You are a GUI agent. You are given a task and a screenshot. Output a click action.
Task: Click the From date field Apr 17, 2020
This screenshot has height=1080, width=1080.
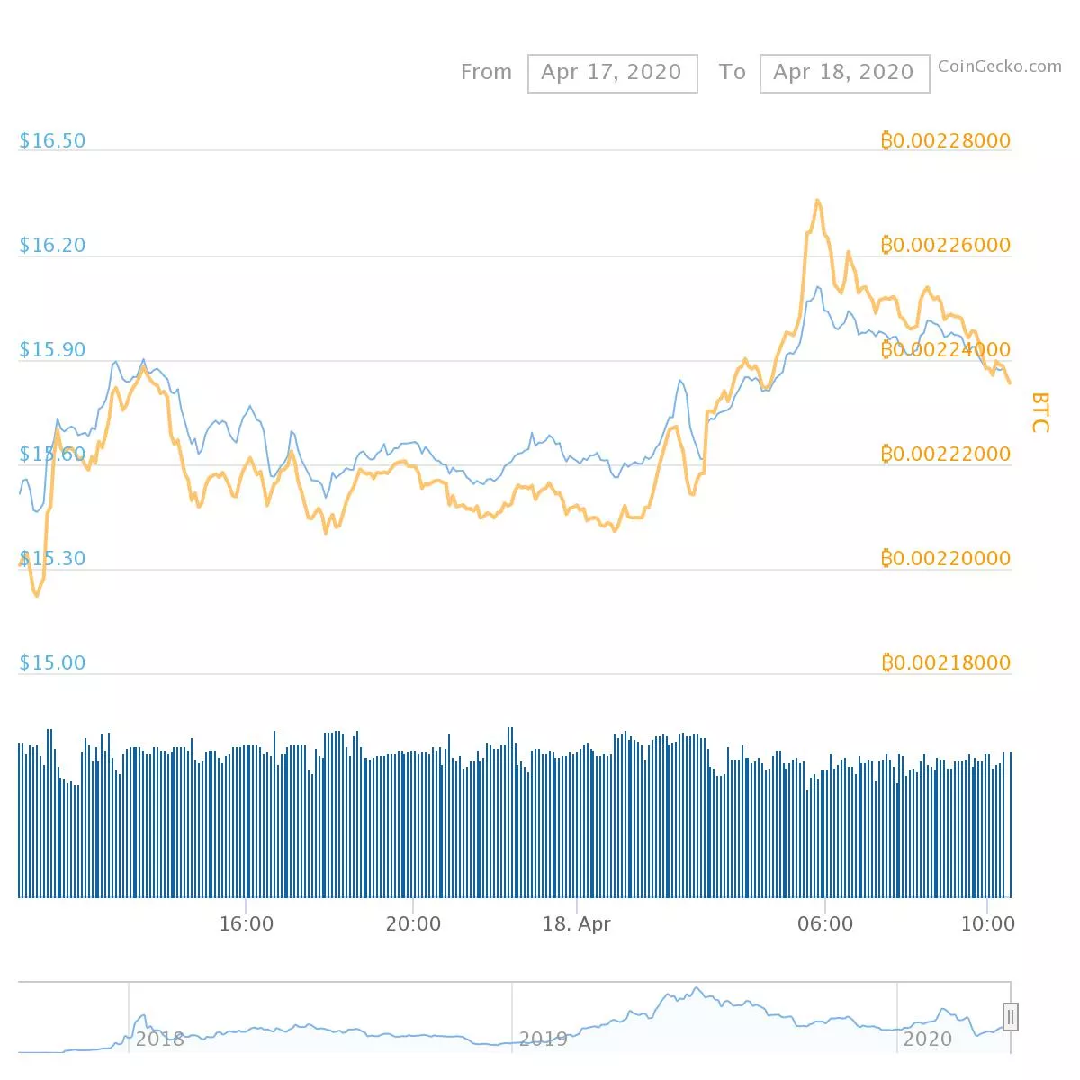612,73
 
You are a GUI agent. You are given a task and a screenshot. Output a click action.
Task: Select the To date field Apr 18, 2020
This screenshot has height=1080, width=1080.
843,73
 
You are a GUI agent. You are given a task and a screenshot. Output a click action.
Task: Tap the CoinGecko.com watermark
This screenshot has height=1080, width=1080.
999,66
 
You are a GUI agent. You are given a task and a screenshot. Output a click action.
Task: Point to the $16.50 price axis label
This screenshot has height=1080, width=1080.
52,140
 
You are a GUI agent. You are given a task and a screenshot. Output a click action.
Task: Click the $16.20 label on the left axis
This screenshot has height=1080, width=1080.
52,245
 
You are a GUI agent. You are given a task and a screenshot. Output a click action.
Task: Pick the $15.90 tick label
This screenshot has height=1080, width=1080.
52,349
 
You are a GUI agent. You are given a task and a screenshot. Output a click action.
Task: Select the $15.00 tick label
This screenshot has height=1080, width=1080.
52,662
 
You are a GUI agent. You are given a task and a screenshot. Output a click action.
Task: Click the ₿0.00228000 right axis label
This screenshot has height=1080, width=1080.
945,140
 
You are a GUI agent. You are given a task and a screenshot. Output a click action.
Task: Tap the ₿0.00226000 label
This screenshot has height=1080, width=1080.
945,245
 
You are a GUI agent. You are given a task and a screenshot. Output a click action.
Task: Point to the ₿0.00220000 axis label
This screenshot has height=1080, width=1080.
945,558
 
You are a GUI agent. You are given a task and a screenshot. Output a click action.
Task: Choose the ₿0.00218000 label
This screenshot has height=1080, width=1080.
945,662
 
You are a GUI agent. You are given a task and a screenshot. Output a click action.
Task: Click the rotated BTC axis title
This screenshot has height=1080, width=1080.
1039,412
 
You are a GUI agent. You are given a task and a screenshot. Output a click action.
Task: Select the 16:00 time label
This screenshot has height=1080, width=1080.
246,923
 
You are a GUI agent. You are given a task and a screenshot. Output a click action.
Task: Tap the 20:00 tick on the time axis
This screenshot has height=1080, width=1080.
413,923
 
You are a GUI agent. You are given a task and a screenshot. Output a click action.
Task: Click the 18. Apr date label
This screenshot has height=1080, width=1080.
576,923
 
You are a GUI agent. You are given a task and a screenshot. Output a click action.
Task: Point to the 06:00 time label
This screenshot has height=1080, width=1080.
825,923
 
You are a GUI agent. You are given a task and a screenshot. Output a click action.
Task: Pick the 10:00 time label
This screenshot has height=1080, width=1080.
987,923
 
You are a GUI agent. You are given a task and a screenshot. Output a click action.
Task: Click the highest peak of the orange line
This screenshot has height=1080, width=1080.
817,201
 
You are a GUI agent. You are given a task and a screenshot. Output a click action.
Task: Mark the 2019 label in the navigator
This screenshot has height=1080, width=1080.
543,1039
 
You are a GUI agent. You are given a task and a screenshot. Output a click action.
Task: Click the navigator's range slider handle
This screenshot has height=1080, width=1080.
1011,1017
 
